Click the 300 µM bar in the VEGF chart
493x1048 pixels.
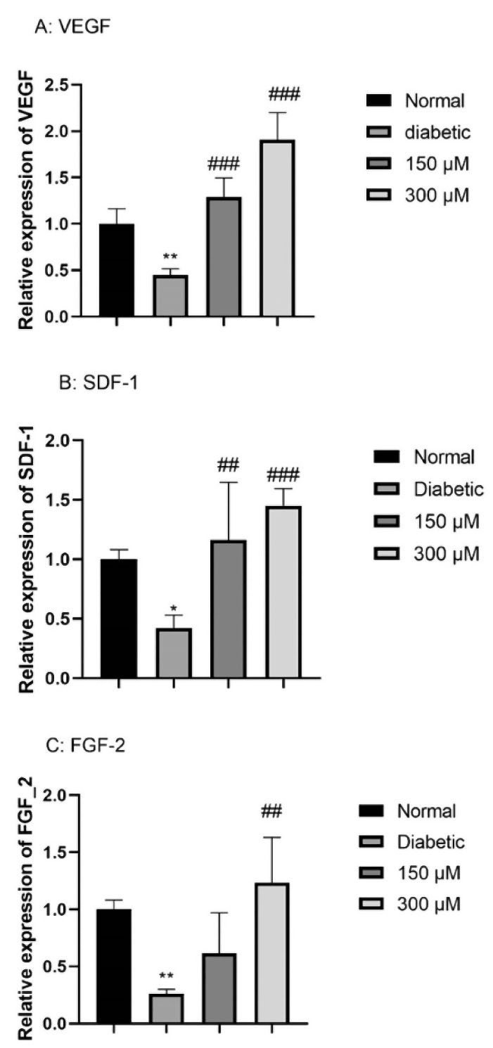pos(277,228)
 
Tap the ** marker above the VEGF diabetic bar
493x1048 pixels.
pos(170,257)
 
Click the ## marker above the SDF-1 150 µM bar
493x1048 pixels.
pos(229,464)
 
